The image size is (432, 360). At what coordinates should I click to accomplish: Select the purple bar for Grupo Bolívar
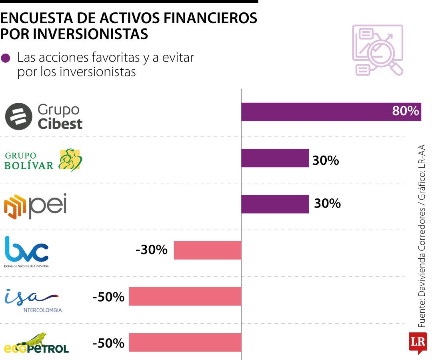tap(275, 158)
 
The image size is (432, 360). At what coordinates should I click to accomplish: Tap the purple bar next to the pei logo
tap(275, 204)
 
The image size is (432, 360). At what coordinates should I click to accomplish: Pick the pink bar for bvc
tap(208, 250)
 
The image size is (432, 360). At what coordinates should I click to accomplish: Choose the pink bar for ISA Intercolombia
tap(185, 296)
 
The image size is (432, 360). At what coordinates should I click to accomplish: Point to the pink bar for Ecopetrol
tap(185, 342)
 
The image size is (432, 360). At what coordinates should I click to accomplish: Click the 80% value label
tap(405, 111)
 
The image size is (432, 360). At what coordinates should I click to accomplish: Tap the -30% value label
tap(152, 250)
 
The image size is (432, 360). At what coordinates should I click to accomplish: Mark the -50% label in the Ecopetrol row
tap(108, 343)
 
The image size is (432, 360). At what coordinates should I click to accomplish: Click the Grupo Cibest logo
tap(43, 116)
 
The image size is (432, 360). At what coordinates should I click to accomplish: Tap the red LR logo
tap(418, 342)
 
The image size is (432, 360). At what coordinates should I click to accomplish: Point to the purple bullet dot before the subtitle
tap(6, 58)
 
